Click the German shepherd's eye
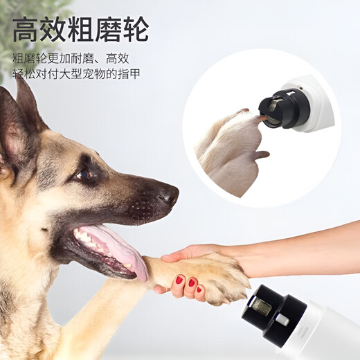pyautogui.click(x=84, y=174)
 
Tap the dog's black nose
pyautogui.click(x=168, y=195)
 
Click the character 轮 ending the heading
pyautogui.click(x=136, y=31)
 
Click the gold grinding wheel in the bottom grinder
pyautogui.click(x=267, y=305)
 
